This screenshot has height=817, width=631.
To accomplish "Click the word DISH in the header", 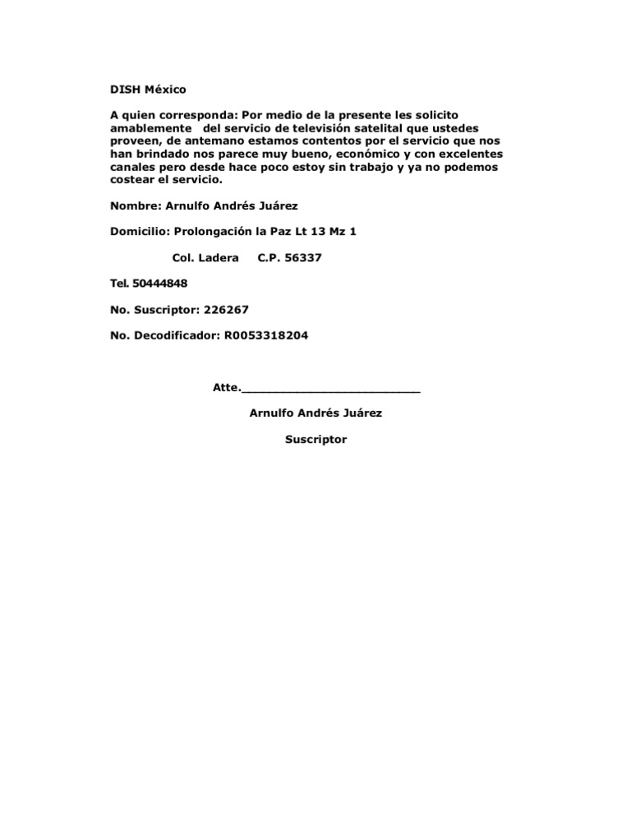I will coord(126,89).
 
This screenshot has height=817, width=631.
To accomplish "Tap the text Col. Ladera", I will coord(206,258).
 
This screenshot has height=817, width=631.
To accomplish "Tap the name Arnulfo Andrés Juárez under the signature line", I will coord(315,413).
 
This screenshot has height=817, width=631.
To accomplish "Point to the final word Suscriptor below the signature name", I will coord(315,440).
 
